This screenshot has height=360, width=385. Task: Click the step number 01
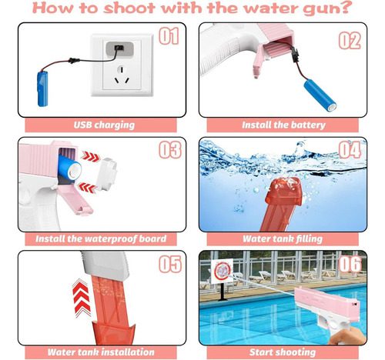click(169, 36)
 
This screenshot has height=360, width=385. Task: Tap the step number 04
click(350, 150)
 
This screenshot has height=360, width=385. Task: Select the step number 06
click(350, 264)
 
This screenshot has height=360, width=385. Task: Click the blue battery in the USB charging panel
click(42, 88)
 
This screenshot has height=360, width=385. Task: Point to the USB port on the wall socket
click(119, 48)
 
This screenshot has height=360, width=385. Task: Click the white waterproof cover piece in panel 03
click(107, 174)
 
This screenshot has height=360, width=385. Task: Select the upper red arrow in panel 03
click(90, 156)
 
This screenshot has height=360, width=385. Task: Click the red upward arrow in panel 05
click(82, 298)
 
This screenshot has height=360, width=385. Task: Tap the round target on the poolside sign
click(222, 270)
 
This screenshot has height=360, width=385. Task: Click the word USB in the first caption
click(82, 125)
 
